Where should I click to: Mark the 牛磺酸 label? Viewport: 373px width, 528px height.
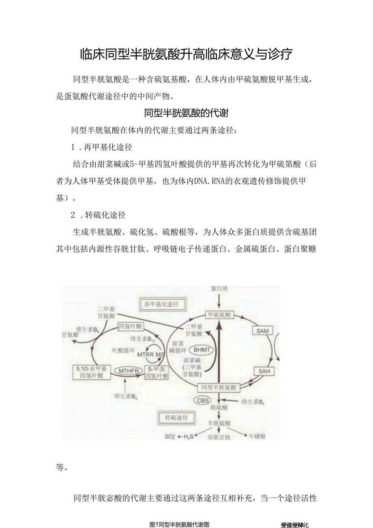[257, 436]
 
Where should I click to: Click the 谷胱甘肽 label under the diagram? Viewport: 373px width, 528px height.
[219, 437]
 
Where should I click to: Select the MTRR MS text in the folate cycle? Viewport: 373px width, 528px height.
[153, 355]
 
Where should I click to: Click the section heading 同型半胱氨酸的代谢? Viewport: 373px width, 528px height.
[186, 113]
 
